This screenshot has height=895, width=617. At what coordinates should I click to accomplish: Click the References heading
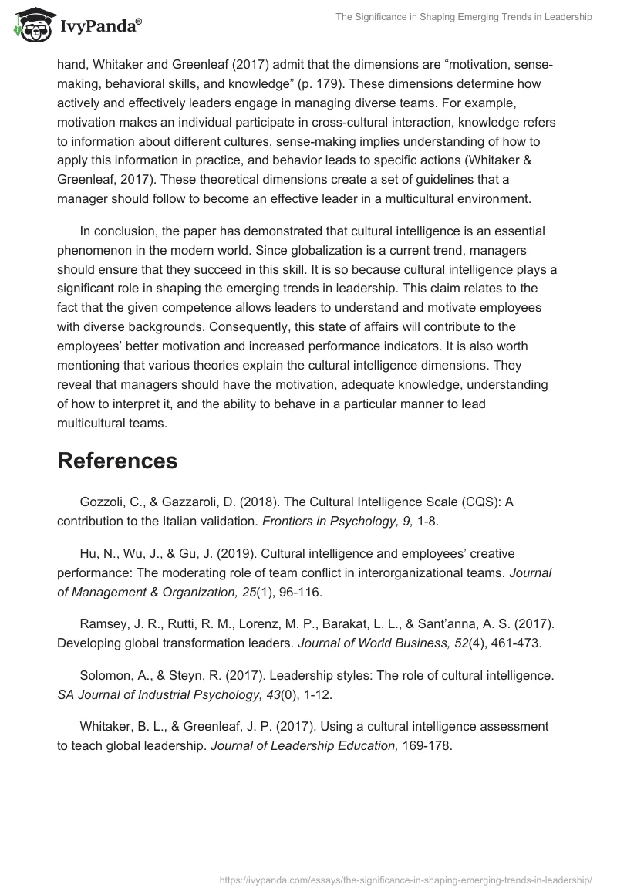click(117, 461)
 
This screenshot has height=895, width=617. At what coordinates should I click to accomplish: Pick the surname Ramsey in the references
click(103, 624)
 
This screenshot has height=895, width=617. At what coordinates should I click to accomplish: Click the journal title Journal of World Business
click(362, 643)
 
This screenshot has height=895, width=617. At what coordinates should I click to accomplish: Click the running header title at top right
click(464, 17)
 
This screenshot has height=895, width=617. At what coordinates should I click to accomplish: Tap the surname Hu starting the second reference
click(88, 553)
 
